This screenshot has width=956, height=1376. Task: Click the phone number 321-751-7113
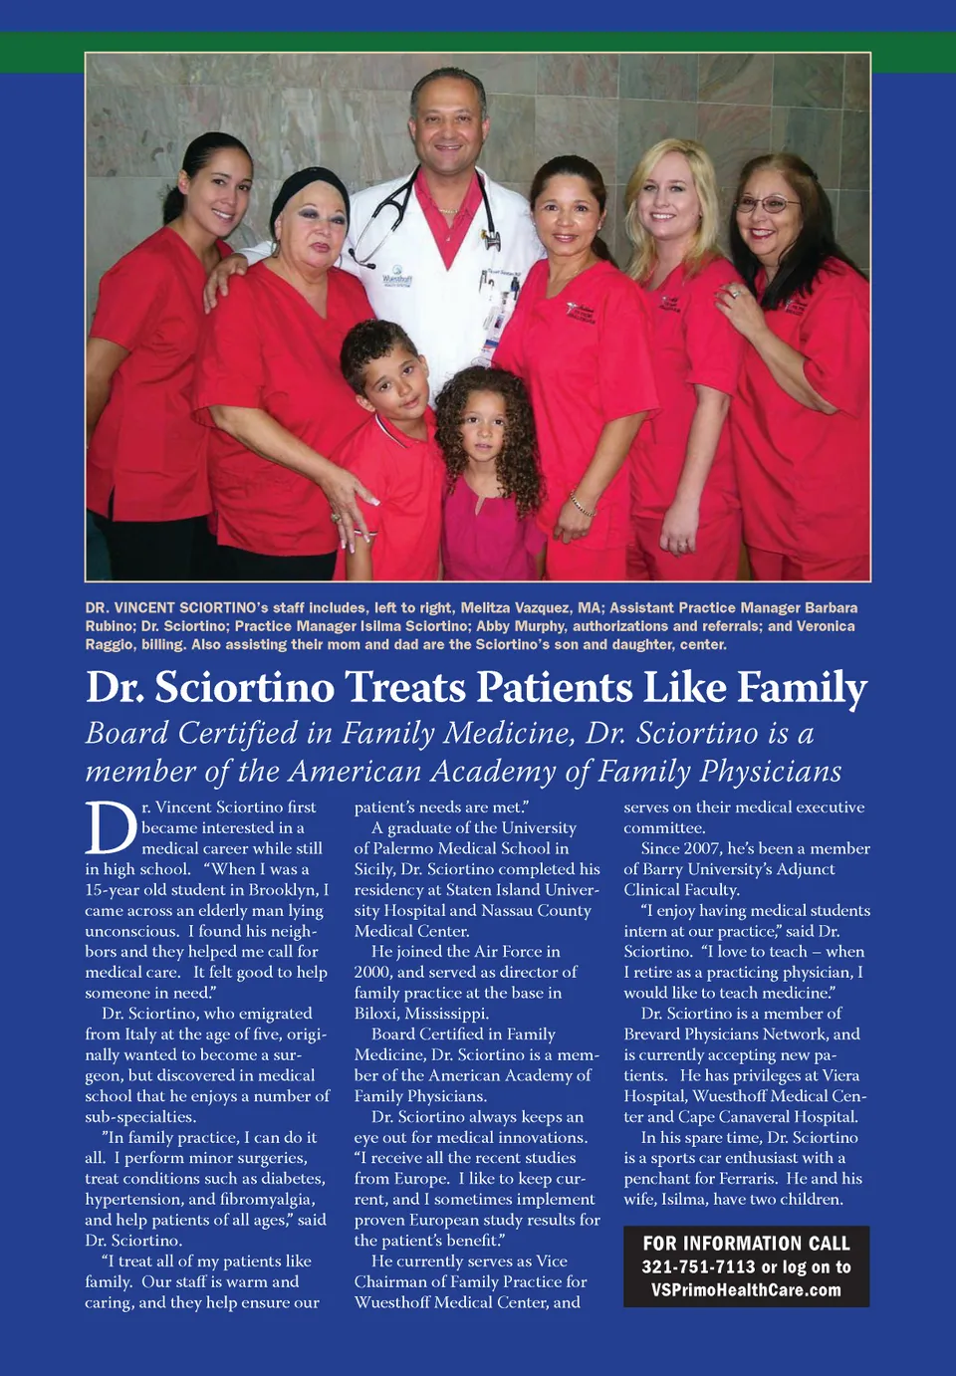pyautogui.click(x=698, y=1266)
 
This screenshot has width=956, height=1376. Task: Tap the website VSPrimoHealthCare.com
pyautogui.click(x=746, y=1290)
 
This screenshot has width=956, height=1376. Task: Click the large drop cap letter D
pyautogui.click(x=110, y=828)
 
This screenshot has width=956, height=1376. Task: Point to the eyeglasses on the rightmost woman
pyautogui.click(x=767, y=205)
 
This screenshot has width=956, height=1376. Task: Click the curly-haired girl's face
pyautogui.click(x=483, y=424)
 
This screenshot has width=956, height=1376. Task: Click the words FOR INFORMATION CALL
pyautogui.click(x=746, y=1244)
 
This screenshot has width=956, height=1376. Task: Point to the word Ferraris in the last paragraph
pyautogui.click(x=743, y=1179)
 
